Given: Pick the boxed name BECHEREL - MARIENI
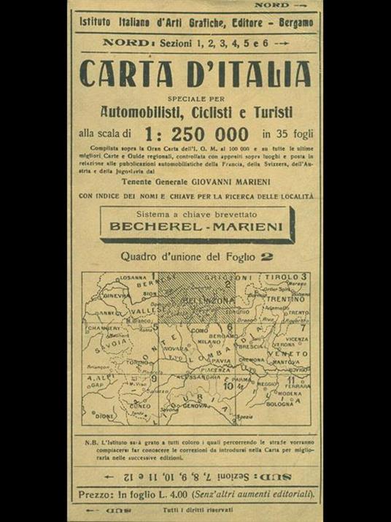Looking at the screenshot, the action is pos(197,226).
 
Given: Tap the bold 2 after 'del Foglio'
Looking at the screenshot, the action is pos(268,256).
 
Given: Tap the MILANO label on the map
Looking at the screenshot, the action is pos(209,342).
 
